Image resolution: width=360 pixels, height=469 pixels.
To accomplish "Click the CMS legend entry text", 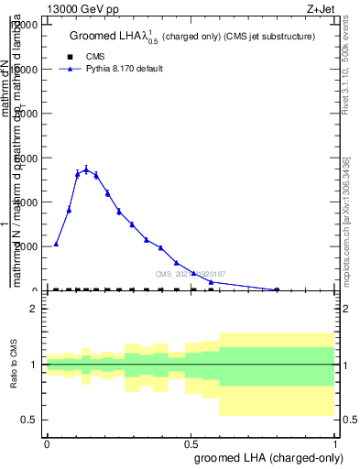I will pos(95,57).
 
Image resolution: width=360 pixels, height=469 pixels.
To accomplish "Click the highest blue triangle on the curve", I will pos(86,169).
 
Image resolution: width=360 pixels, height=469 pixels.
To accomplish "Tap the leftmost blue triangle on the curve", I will pos(56,244).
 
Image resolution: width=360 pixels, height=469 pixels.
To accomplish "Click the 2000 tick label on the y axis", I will pos(26,246).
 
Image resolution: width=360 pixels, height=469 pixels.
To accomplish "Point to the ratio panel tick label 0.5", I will pos(30,420).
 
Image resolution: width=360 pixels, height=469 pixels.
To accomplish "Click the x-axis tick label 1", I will pos(336,443).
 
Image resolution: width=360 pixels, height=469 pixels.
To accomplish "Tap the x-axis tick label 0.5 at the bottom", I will pos(191,443).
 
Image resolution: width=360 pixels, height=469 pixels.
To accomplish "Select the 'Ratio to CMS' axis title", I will pos(15,364).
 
